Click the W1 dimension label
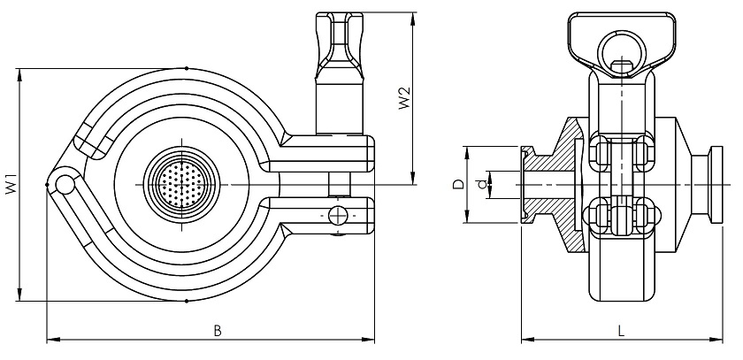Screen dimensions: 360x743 pos(10,187)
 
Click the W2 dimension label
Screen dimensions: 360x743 pos(402,98)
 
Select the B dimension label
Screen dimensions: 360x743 pos(217,331)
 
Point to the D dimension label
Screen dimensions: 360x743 pos(457,184)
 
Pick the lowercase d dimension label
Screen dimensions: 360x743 pos(480,184)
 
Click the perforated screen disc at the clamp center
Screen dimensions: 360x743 pos(181,184)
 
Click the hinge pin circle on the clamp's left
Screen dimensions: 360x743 pos(63,184)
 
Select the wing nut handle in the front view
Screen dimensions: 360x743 pos(340,40)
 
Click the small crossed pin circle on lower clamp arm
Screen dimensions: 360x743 pos(336,214)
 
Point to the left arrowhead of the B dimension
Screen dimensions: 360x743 pos(50,339)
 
